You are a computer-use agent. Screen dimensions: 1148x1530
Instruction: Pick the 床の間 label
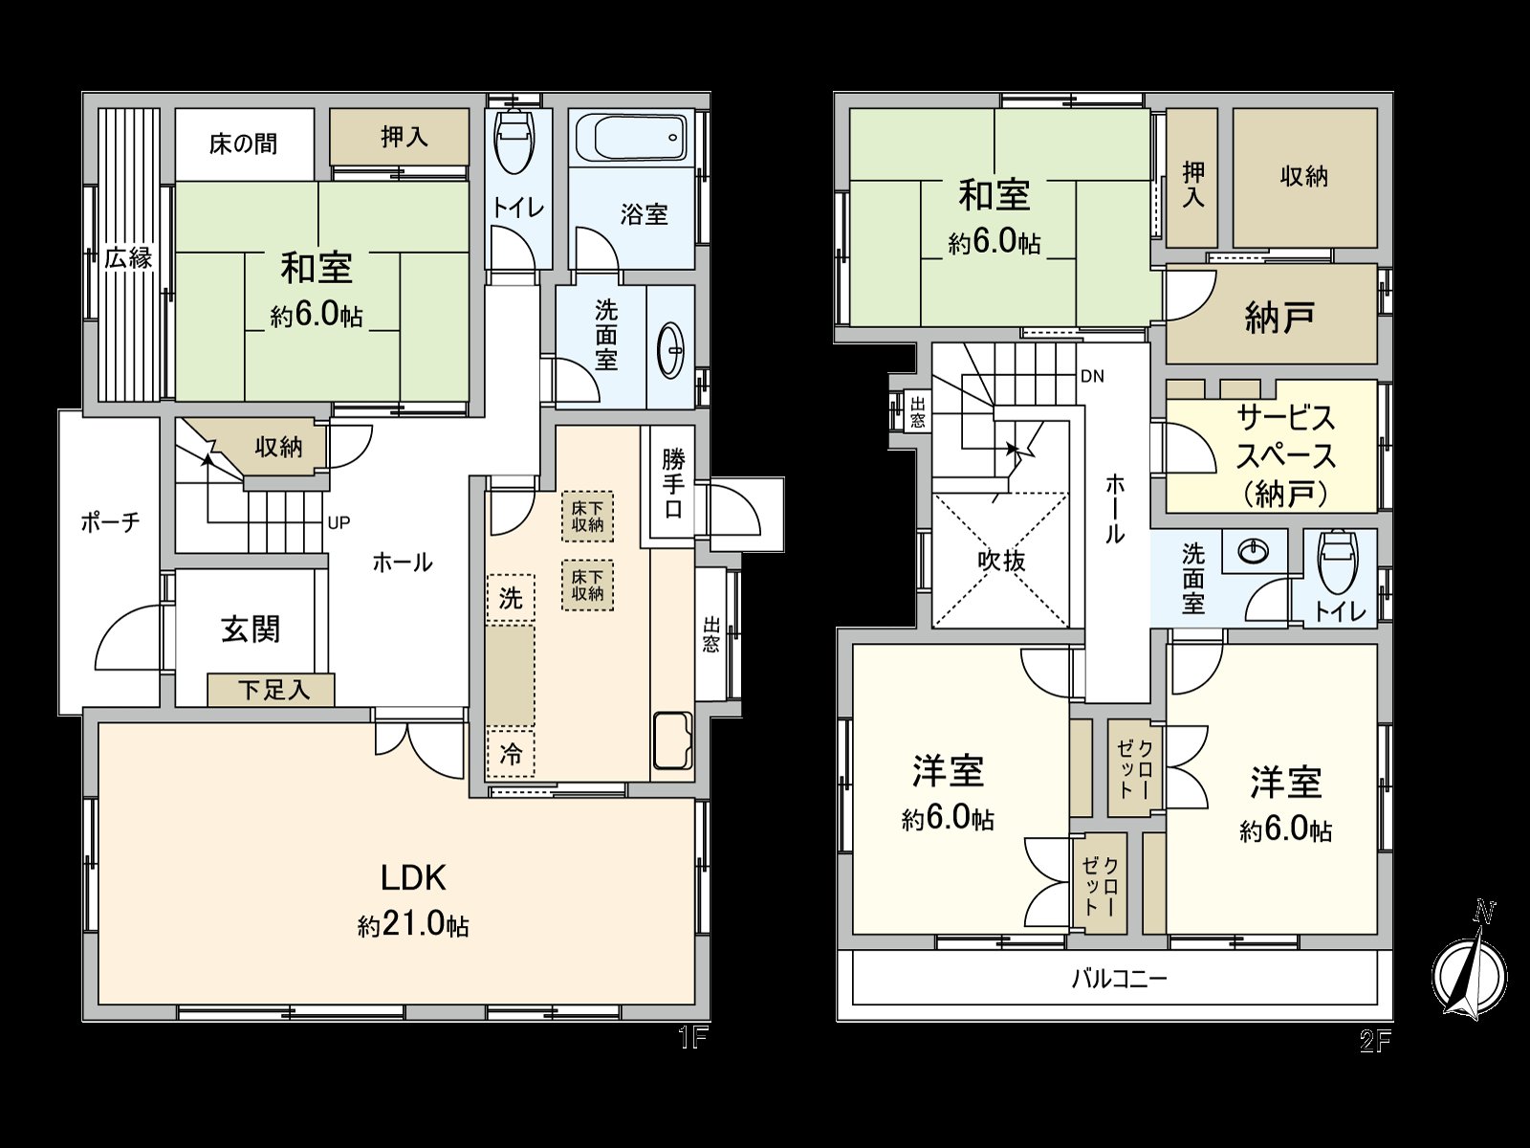(244, 143)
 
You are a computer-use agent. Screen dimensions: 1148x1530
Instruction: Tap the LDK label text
(413, 877)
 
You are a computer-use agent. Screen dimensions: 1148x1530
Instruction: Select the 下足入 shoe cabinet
(272, 690)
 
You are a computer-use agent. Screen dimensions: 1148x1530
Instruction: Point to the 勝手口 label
(673, 482)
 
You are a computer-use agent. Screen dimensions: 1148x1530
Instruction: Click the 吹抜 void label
(1001, 560)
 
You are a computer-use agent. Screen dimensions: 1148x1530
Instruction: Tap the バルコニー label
(1118, 979)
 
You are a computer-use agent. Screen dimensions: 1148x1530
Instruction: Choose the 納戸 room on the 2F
(1279, 317)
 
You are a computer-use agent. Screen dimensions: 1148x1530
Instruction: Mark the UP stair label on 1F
(339, 522)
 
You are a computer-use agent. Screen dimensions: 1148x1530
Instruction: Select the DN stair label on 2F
(1092, 376)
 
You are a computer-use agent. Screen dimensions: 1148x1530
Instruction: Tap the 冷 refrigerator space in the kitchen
(511, 753)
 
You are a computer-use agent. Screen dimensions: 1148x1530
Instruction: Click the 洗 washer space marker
(511, 599)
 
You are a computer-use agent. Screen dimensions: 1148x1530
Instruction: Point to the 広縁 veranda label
(128, 257)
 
